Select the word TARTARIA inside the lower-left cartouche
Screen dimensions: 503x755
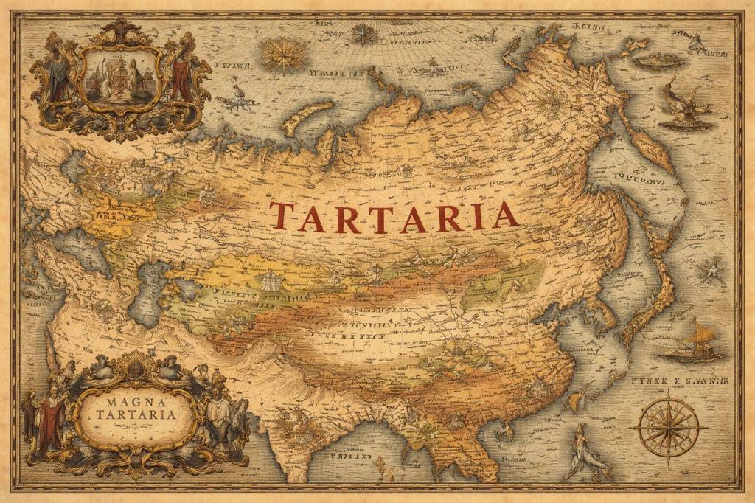(x=136, y=415)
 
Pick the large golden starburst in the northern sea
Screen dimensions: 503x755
(x=283, y=55)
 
